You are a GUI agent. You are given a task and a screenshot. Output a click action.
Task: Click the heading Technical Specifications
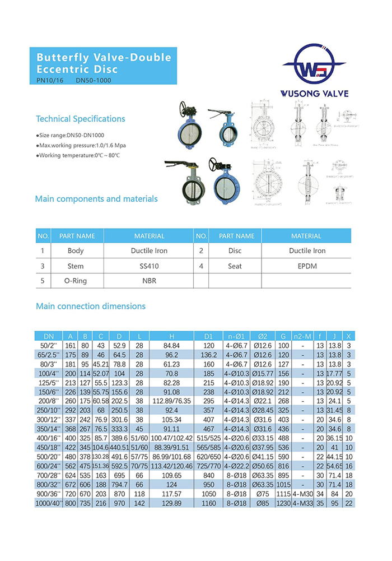80,119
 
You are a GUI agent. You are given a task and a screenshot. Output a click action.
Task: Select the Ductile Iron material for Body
149,251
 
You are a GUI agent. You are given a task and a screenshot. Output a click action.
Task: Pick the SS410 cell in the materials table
149,266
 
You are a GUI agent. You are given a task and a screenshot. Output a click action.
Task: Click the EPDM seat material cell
307,266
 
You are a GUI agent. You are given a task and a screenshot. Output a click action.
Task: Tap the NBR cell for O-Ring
149,281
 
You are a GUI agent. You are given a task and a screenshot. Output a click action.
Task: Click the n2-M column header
302,336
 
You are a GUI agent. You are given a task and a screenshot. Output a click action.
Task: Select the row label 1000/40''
48,504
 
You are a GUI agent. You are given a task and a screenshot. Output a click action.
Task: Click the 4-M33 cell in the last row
302,504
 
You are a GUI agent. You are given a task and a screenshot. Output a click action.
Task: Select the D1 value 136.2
208,355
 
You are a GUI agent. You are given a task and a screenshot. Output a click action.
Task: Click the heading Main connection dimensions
90,306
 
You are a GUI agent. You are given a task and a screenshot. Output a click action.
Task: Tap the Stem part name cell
76,266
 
